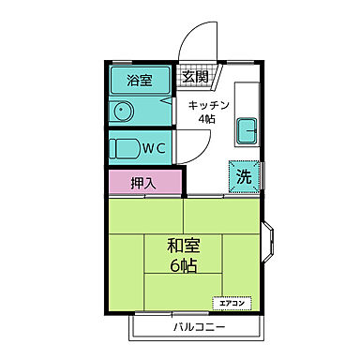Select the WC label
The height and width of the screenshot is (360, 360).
point(154,147)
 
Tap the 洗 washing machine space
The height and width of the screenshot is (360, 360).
point(243,174)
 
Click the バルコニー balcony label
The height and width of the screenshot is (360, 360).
point(198,327)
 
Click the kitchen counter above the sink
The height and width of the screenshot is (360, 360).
point(247,97)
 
